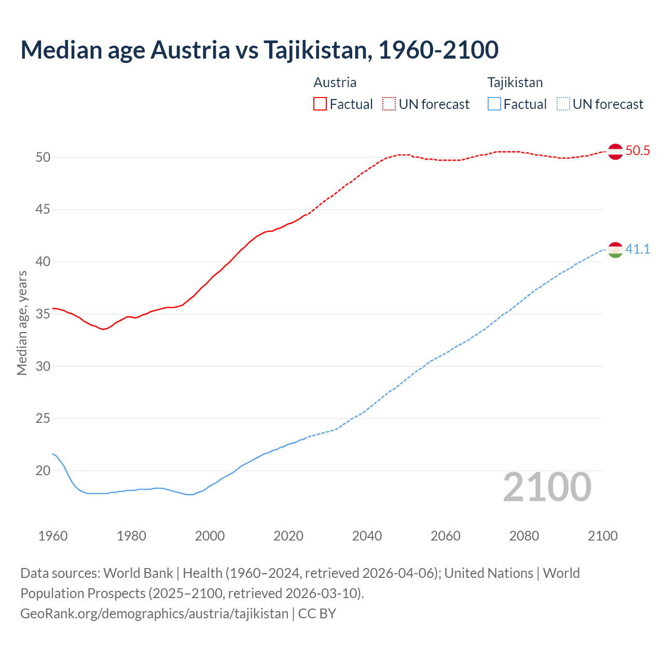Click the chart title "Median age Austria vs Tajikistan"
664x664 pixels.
pos(259,50)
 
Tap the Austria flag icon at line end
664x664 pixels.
pos(615,151)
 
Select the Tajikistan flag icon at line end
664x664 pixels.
pos(615,250)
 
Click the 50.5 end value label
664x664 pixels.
pos(638,151)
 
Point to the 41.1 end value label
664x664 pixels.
pos(638,250)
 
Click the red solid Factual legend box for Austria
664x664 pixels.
pos(320,104)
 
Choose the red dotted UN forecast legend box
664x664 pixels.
pos(389,104)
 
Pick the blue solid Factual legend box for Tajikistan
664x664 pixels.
pos(494,104)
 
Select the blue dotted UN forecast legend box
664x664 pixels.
pos(563,104)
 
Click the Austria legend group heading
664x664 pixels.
pos(335,82)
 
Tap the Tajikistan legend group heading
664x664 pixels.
pos(515,82)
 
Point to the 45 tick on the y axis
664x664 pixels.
pos(43,210)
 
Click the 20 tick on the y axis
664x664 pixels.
pos(43,471)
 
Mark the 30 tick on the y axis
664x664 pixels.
pos(43,366)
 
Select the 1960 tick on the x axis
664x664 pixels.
pos(53,536)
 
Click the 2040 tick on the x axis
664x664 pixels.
pos(367,536)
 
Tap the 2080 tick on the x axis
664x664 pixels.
pos(524,536)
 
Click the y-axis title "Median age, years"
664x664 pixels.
pos(22,323)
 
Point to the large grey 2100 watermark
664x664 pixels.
pos(547,487)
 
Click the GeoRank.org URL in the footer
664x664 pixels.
pos(154,614)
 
